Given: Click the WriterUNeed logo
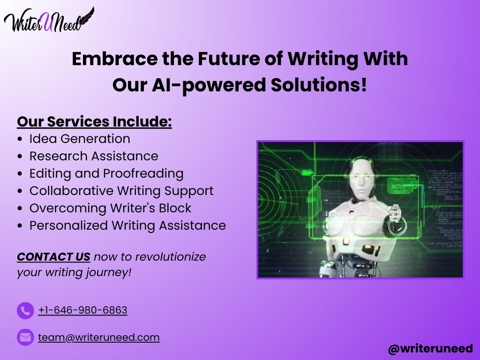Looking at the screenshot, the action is coord(49,20).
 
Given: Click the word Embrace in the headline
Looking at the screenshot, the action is coord(115,59).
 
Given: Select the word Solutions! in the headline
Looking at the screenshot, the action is coord(319,85).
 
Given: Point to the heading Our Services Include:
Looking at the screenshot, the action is coord(94,121).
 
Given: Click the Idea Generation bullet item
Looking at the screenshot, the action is coord(80,139).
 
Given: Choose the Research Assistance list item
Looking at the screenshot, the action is coord(94,156).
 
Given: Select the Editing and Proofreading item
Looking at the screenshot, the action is coord(106,173).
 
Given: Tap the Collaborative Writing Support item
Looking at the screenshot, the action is coord(121,191).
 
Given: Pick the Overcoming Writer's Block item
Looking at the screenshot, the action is coord(110,208).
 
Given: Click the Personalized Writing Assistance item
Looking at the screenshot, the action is coord(127,225).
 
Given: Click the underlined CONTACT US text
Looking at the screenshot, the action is coord(53,257).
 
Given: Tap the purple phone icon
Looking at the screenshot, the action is coord(25,311).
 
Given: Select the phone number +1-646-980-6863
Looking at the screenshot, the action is coord(82,310).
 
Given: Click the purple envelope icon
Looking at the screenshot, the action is coord(25,337).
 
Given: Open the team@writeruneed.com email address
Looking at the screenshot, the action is coord(99,337).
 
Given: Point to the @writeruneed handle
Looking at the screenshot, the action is coord(430,349).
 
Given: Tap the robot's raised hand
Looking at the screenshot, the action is coord(395,215).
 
